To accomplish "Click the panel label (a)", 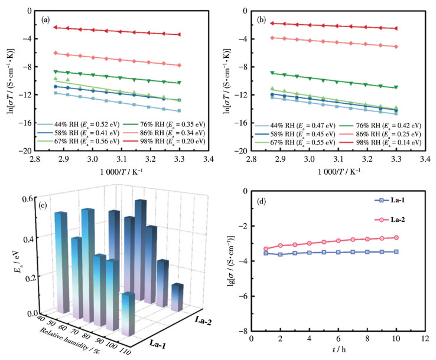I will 45,19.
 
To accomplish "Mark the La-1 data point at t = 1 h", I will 265,253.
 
